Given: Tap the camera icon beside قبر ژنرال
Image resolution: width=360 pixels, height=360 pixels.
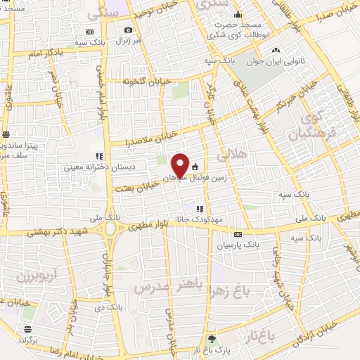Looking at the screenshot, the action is click(128, 30).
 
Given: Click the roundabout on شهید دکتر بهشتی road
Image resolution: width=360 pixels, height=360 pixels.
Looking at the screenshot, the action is click(110, 231).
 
